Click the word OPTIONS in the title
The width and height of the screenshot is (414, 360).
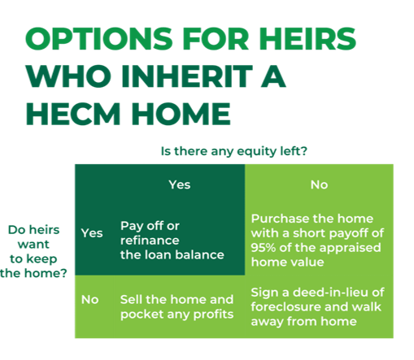point(99,38)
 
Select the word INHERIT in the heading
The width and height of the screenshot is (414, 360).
point(187,76)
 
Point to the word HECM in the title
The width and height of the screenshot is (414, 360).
point(73,114)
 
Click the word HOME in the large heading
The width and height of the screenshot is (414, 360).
point(181,114)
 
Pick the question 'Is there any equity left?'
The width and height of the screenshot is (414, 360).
point(234,151)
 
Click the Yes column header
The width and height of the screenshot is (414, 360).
point(180,184)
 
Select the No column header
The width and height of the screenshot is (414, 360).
point(319,184)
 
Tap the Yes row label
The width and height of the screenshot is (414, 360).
point(92,233)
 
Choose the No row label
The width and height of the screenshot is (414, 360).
point(89,300)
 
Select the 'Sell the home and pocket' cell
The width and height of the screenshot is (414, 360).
point(176,307)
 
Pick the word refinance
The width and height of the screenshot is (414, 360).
point(150,241)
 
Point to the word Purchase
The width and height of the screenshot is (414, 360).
point(280,219)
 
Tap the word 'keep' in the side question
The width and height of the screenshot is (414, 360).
point(44,259)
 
